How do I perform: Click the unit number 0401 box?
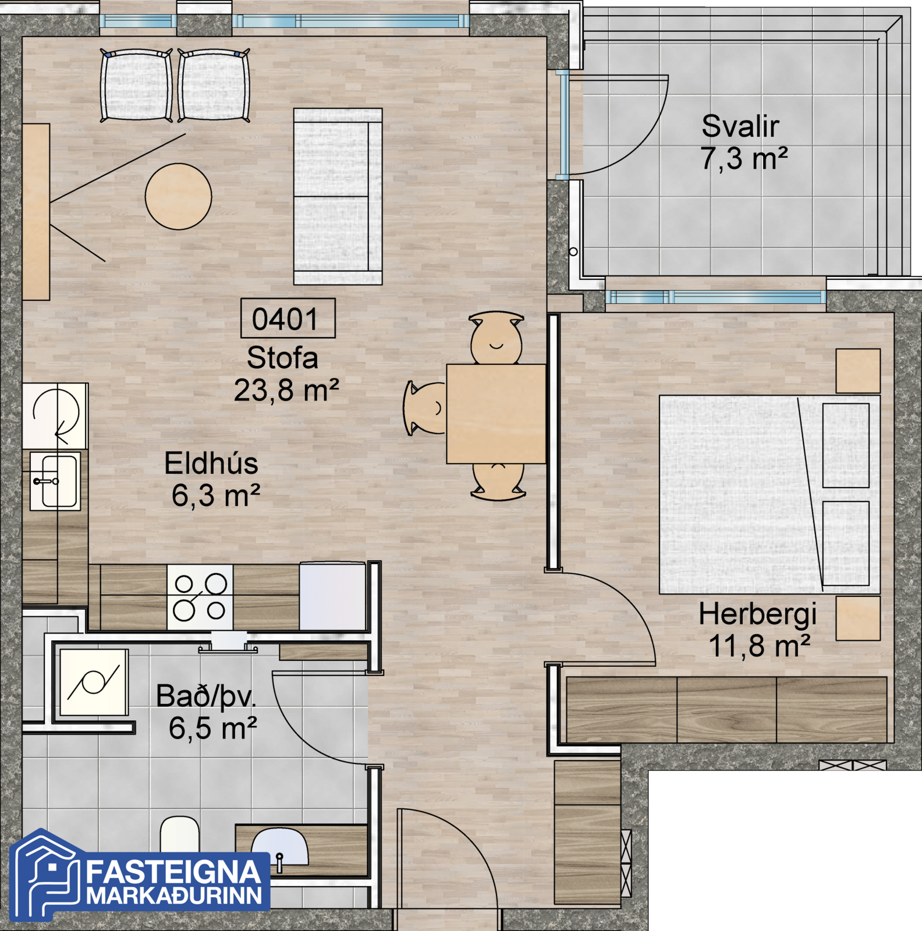(x=288, y=318)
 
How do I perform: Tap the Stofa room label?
(x=282, y=358)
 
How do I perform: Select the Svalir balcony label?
(x=740, y=126)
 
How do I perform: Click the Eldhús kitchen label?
(x=211, y=464)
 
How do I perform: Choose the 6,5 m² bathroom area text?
(x=212, y=728)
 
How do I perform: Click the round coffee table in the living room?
(x=178, y=197)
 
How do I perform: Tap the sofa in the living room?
(x=338, y=196)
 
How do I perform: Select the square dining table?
(x=496, y=414)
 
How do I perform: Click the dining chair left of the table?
(x=425, y=408)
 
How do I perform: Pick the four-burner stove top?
(x=200, y=597)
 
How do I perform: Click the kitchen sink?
(x=55, y=481)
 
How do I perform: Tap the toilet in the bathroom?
(x=180, y=835)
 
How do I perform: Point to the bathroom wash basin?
(x=280, y=848)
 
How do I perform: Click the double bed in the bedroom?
(x=769, y=495)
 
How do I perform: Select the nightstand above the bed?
(x=858, y=371)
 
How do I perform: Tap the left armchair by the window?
(x=136, y=85)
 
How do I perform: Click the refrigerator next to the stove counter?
(x=333, y=596)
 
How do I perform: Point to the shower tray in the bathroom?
(x=93, y=682)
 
